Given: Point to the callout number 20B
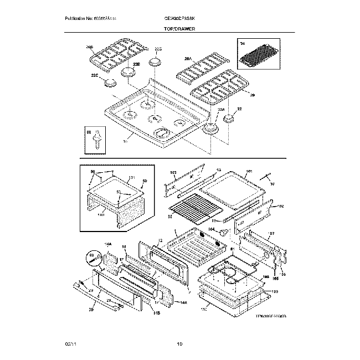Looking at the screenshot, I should [x=89, y=48].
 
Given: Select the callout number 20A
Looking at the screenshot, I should [x=188, y=58].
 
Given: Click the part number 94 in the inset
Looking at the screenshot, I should [x=241, y=42].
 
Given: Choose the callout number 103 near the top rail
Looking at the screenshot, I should [x=173, y=173].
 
